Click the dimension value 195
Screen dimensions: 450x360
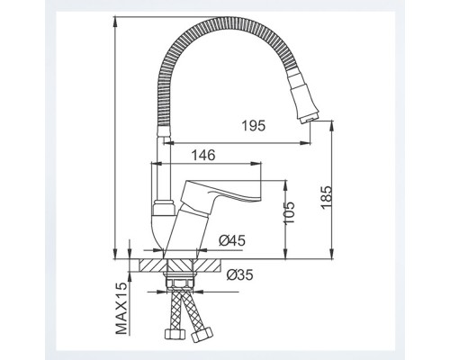click(254, 126)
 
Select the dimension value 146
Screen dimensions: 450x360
click(203, 155)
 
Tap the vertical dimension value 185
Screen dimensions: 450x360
click(327, 198)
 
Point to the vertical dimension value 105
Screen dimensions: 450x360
click(289, 212)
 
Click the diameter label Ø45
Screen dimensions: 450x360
click(232, 240)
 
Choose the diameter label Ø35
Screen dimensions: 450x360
click(239, 274)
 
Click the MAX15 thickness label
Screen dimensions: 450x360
click(121, 308)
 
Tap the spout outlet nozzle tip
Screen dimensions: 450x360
click(307, 120)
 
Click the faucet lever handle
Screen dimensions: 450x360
click(221, 191)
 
